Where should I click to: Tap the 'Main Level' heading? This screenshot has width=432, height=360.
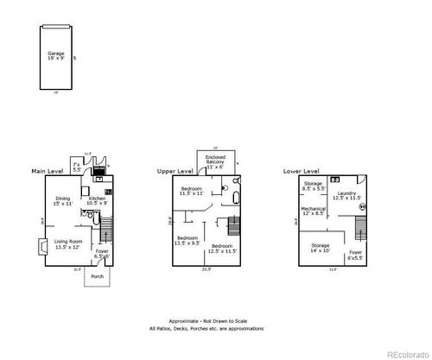click(49, 172)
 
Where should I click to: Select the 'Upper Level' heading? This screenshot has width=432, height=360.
click(174, 172)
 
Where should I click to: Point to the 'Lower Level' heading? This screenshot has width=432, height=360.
click(302, 172)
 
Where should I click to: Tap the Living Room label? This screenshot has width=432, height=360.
click(65, 244)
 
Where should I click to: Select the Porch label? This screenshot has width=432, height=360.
click(98, 277)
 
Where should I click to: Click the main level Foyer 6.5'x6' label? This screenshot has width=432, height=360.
click(101, 254)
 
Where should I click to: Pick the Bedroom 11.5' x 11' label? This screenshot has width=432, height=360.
click(191, 191)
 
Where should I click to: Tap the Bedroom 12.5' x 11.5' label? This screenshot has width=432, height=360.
click(223, 248)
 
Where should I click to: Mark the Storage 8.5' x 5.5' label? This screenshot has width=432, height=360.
click(313, 186)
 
